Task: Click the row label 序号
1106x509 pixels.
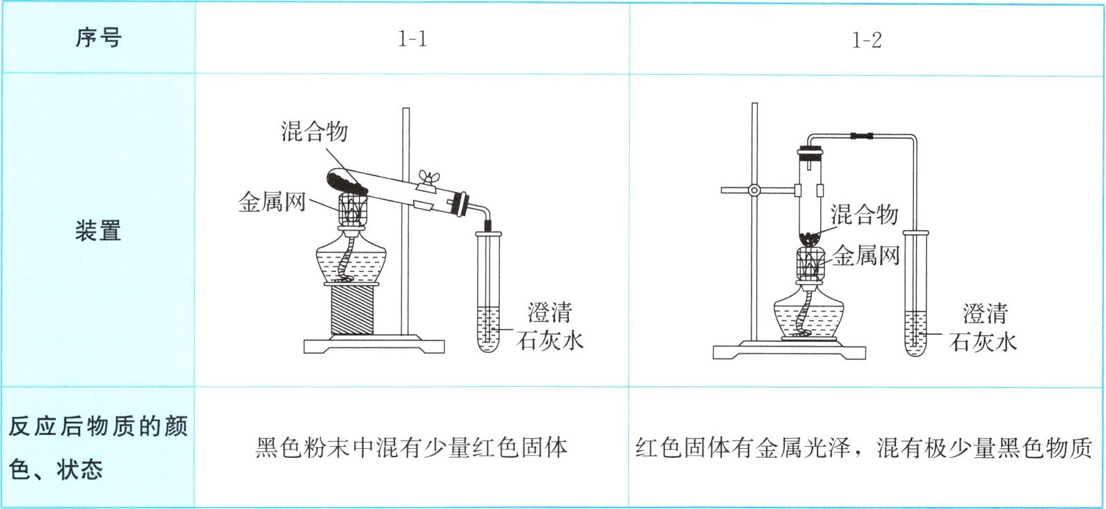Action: point(98,37)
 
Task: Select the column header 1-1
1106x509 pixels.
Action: point(412,39)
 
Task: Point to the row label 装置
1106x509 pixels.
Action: point(98,231)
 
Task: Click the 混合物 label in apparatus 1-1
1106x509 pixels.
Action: point(315,131)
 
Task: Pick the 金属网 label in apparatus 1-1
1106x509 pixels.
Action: point(272,202)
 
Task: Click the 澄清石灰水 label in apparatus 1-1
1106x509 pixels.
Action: point(550,327)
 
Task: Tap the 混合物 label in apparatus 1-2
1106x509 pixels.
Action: point(864,214)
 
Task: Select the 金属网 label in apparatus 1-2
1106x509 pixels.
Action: point(866,256)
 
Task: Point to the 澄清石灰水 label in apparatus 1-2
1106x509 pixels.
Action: point(983,328)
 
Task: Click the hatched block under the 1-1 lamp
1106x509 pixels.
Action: point(352,309)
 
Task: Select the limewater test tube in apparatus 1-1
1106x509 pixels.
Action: point(488,291)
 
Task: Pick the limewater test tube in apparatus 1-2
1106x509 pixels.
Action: point(915,293)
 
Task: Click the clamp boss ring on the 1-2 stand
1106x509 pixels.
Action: point(754,190)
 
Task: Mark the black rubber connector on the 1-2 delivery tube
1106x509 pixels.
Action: point(861,135)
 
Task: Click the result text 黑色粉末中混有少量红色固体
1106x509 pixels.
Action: point(411,448)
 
